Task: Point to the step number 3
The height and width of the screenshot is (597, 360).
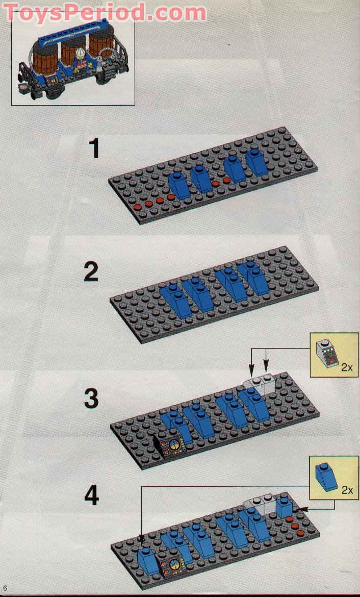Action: (91, 399)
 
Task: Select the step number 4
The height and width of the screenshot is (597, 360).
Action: (91, 496)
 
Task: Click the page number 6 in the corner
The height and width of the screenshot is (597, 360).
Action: (5, 588)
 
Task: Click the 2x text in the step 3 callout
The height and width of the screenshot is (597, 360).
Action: (347, 367)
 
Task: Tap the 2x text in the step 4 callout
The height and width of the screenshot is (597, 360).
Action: (347, 490)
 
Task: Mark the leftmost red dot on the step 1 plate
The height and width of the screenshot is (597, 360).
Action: (137, 208)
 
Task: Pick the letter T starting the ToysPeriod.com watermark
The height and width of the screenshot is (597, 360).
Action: (12, 13)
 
